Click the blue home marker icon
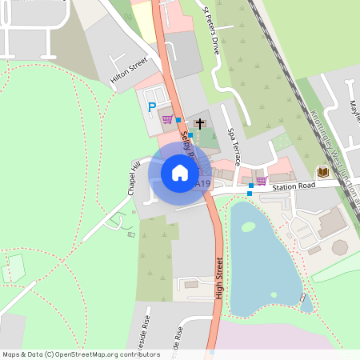(180, 172)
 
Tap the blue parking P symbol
(150, 106)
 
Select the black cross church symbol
(198, 124)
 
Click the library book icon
(323, 172)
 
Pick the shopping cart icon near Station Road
(261, 181)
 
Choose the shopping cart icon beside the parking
(167, 120)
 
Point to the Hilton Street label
(129, 70)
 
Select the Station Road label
(294, 186)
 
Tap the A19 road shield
(203, 184)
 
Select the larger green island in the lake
(248, 227)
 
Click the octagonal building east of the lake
(340, 247)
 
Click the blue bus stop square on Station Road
(250, 194)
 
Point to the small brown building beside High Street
(191, 283)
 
